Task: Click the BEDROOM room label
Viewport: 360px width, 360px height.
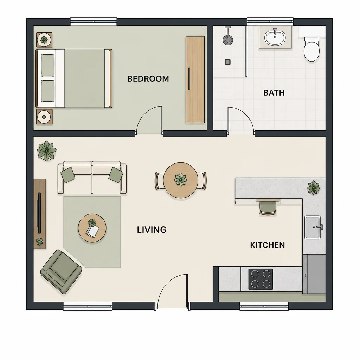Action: (148, 79)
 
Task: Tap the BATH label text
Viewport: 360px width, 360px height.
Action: (274, 93)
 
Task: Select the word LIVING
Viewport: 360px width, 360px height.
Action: (152, 230)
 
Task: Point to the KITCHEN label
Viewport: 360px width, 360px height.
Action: (268, 245)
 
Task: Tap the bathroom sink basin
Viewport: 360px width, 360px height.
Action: (275, 37)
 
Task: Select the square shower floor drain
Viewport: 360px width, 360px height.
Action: (228, 62)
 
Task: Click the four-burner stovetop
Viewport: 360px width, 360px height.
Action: (261, 279)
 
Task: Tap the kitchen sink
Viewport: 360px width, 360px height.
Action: (313, 227)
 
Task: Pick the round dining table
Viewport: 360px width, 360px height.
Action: (181, 180)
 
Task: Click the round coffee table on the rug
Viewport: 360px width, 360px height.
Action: (92, 229)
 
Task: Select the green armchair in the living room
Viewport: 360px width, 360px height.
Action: (61, 272)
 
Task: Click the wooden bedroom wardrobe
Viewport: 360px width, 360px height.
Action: (195, 79)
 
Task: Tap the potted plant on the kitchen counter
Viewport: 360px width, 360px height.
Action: (314, 188)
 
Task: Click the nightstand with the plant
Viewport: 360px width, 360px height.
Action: (44, 40)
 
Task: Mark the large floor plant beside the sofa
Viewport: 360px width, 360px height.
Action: (47, 150)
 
